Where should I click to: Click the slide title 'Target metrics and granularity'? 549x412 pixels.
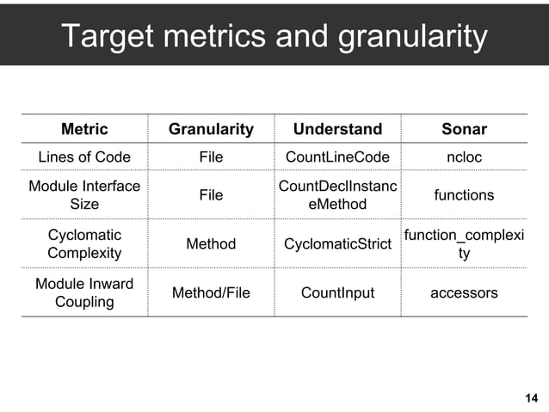[x=274, y=37]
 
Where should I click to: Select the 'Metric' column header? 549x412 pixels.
[x=84, y=129]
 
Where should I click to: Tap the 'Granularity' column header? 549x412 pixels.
[x=211, y=129]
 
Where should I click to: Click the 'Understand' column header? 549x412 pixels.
[x=337, y=129]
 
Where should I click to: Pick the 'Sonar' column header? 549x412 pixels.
[x=464, y=129]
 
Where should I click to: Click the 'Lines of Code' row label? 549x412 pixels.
[x=84, y=157]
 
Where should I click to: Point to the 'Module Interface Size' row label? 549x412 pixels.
[x=84, y=195]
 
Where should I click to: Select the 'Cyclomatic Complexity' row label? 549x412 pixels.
[x=84, y=244]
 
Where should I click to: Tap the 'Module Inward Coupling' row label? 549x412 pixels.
[x=84, y=292]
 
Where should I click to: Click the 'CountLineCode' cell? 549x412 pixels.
[x=337, y=157]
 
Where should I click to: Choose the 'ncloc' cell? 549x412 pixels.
[x=464, y=157]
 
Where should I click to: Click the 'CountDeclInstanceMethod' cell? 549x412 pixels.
[x=337, y=195]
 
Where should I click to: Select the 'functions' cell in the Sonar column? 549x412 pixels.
[x=464, y=195]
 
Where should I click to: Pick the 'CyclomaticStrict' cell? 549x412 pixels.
[x=337, y=244]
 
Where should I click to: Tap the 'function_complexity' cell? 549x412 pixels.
[x=464, y=244]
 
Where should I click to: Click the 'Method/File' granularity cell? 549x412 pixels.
[x=211, y=292]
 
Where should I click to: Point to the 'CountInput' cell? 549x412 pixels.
[x=337, y=292]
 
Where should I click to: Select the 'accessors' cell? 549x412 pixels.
[x=464, y=292]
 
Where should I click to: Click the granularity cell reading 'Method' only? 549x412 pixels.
[x=211, y=244]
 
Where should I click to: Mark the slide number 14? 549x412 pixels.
[x=530, y=397]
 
